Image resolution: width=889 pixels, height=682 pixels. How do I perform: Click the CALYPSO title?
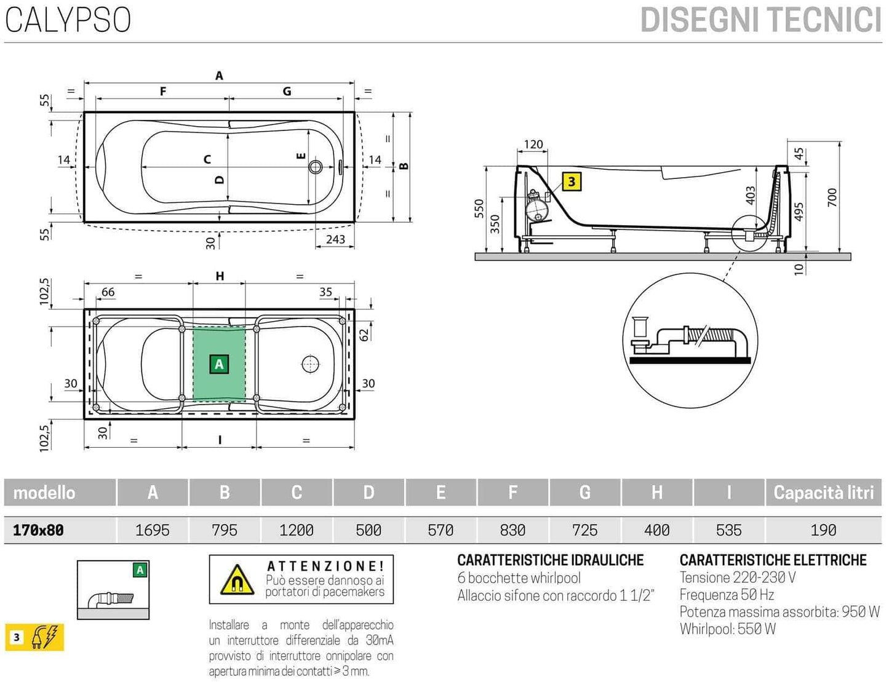(x=68, y=20)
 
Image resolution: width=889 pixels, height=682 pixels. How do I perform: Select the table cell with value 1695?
(x=152, y=530)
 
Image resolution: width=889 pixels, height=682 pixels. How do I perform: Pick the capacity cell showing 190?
(x=823, y=530)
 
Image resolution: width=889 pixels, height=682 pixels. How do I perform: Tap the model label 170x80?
(x=38, y=530)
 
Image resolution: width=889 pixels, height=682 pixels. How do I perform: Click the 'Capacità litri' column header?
(x=823, y=493)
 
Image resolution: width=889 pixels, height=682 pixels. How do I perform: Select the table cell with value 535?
(x=728, y=530)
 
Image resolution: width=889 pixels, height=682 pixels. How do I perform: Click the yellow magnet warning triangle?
(x=237, y=579)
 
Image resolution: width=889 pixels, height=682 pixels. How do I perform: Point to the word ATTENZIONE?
(x=325, y=566)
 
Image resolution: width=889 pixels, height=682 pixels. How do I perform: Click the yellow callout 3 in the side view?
(x=572, y=181)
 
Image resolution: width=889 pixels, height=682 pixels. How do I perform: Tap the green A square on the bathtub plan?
(x=219, y=364)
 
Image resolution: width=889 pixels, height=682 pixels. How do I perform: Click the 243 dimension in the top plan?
(x=335, y=239)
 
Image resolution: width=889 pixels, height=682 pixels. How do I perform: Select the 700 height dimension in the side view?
(x=832, y=197)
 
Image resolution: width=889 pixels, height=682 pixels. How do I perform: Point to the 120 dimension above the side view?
(x=533, y=145)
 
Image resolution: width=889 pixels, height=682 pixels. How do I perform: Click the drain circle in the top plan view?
(x=316, y=167)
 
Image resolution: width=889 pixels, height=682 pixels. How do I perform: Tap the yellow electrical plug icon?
(x=47, y=637)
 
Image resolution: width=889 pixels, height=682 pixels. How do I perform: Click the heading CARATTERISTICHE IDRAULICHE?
(x=550, y=560)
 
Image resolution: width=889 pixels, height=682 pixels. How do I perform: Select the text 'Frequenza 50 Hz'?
(x=727, y=595)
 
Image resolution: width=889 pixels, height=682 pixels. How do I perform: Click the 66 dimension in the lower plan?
(x=108, y=292)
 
